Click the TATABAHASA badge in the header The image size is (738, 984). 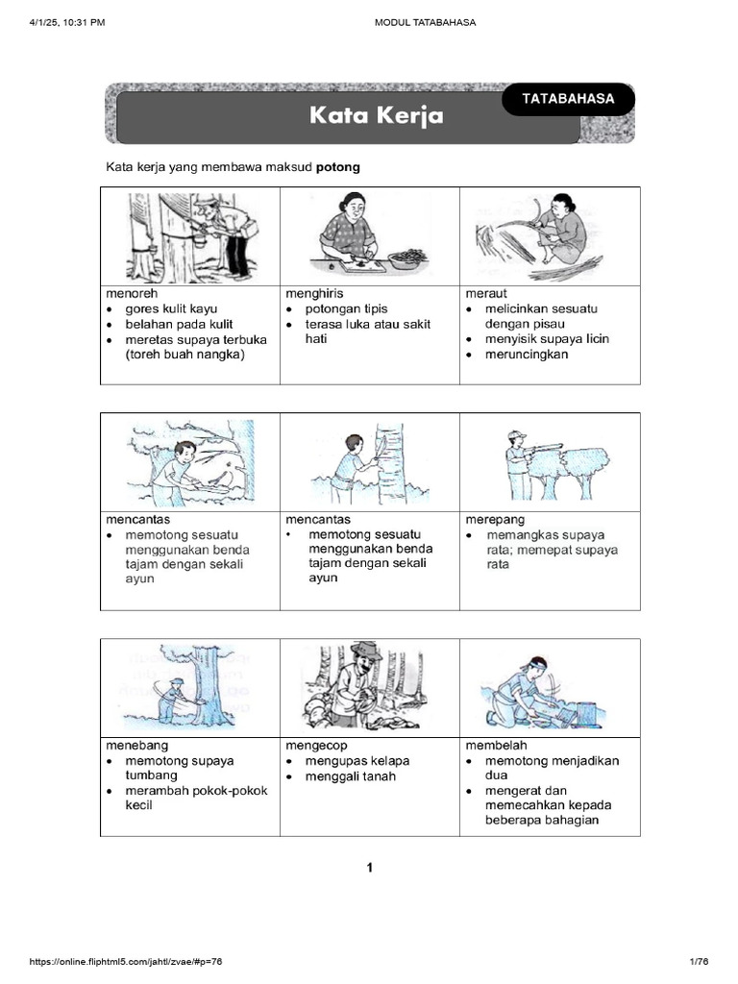(x=567, y=99)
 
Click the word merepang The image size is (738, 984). (x=493, y=520)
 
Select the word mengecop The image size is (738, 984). (x=316, y=746)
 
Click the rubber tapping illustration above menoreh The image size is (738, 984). (x=190, y=236)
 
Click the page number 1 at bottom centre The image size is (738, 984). (x=369, y=868)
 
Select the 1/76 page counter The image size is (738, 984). (x=699, y=962)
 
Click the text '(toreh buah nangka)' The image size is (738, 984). (x=185, y=354)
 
